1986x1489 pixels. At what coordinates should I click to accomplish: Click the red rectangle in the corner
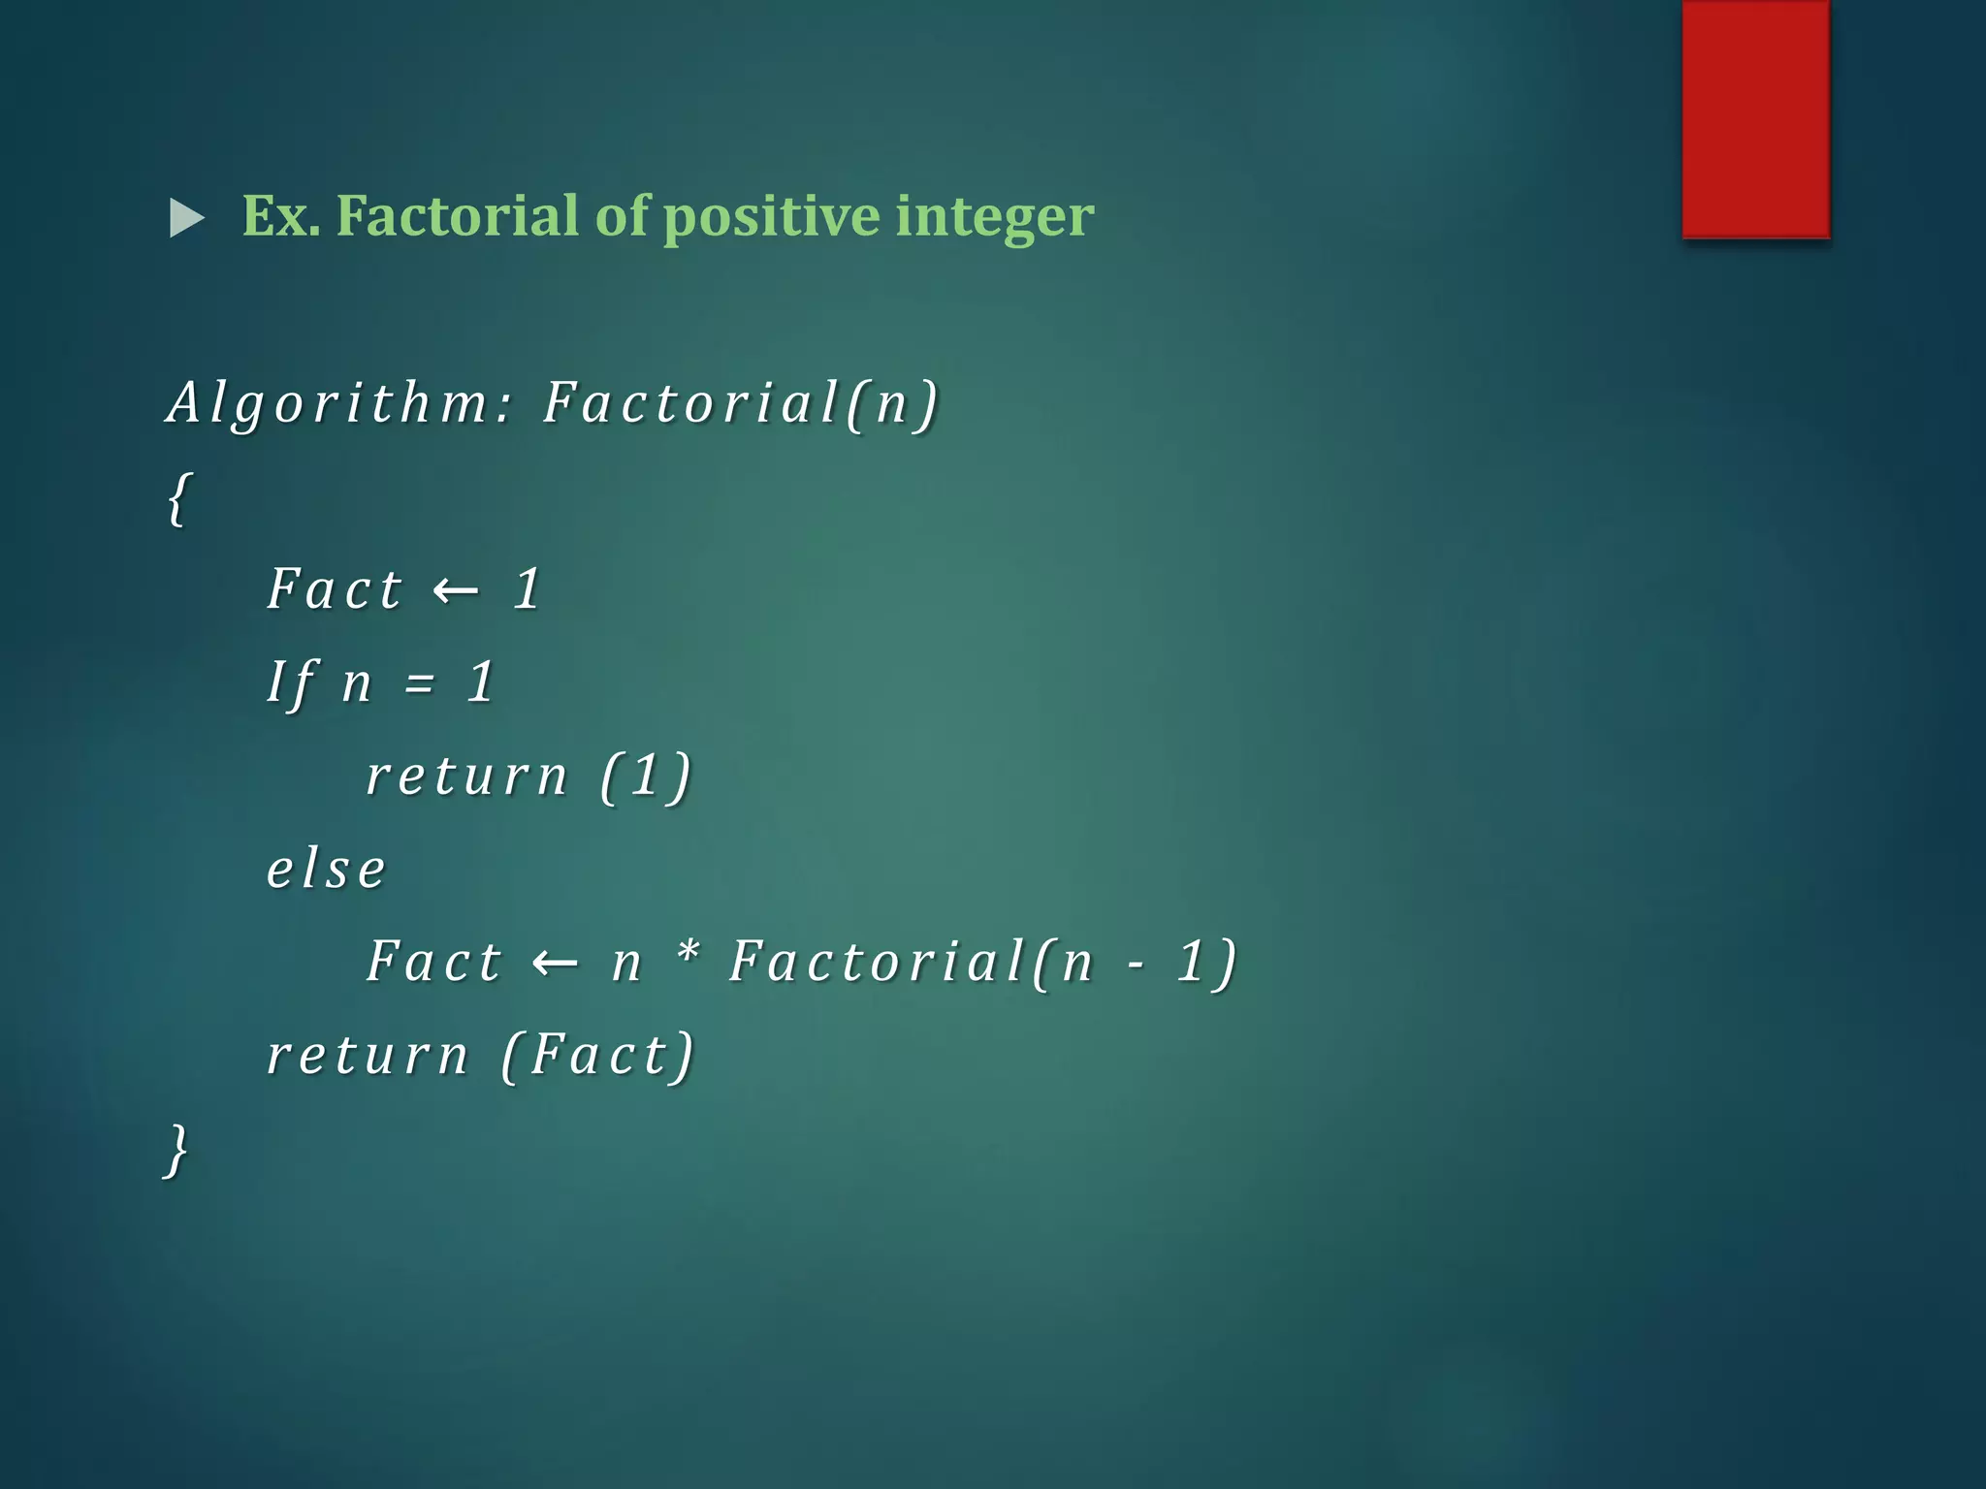click(1755, 118)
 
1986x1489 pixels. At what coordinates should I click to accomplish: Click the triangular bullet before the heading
click(185, 218)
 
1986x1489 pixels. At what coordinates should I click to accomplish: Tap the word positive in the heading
click(770, 217)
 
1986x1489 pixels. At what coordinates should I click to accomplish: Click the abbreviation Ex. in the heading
click(280, 215)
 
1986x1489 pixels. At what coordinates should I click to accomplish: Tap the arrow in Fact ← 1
click(456, 589)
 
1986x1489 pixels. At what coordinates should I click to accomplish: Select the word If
click(291, 682)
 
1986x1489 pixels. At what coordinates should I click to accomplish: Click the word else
click(326, 869)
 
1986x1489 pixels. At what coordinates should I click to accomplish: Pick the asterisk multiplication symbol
click(688, 954)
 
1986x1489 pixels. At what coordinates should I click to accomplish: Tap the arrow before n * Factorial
click(556, 962)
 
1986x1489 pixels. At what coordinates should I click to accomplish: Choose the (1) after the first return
click(646, 776)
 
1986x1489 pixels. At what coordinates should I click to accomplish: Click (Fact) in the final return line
click(598, 1055)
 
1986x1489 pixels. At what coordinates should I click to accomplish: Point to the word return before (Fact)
click(368, 1055)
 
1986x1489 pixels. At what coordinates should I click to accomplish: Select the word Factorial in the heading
click(457, 215)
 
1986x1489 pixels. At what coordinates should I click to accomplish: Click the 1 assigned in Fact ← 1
click(527, 588)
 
